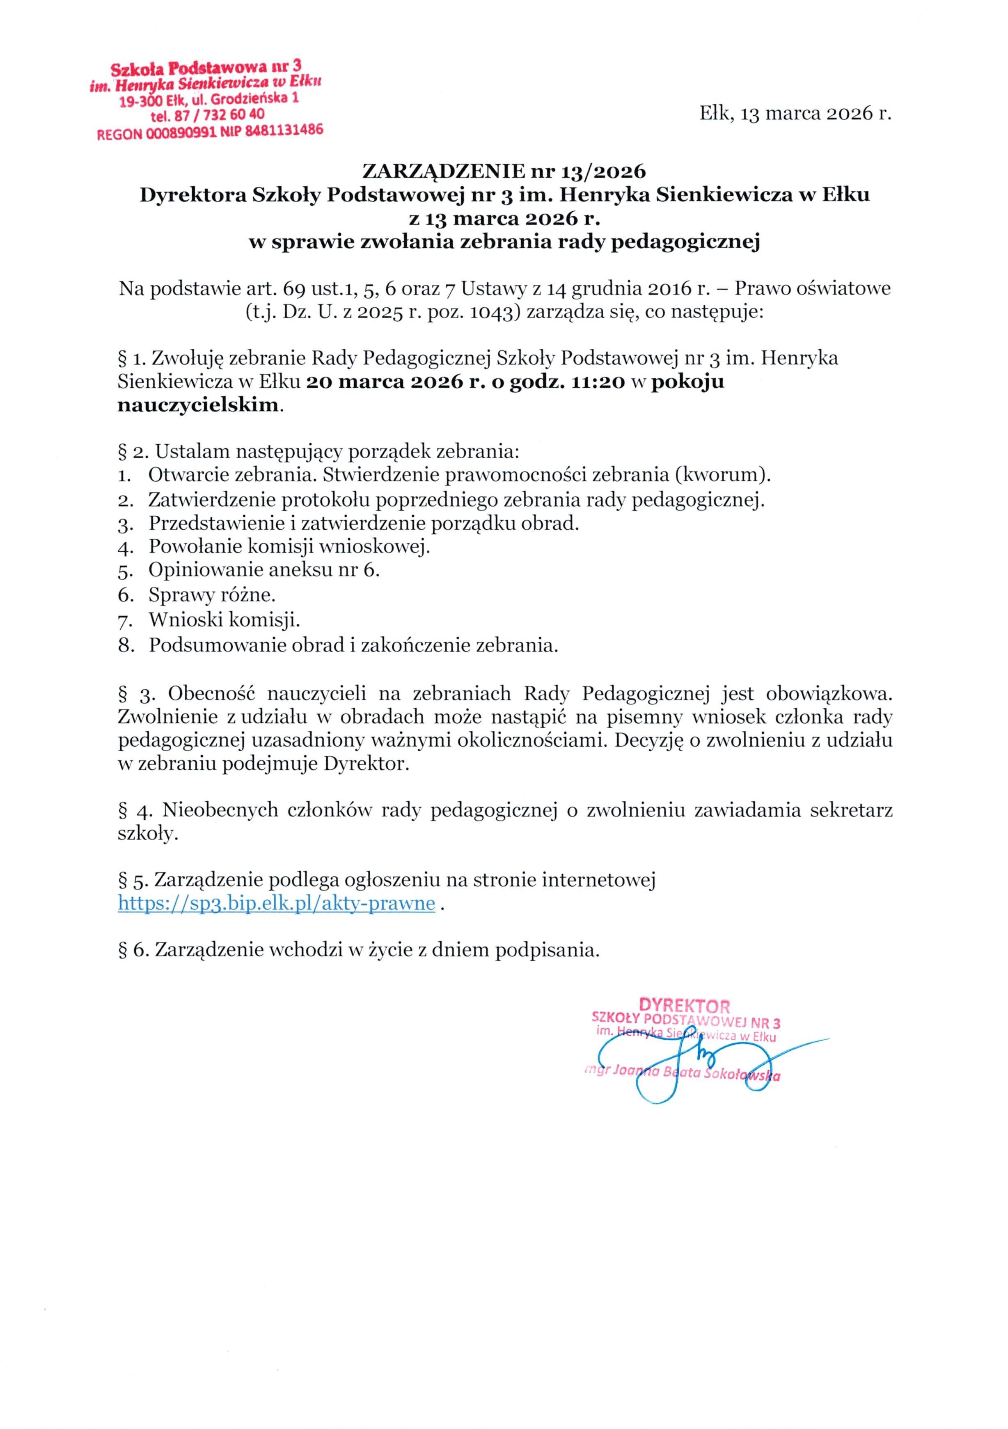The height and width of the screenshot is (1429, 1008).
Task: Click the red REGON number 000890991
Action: pyautogui.click(x=181, y=133)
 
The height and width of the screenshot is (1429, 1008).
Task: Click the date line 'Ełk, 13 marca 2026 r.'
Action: pyautogui.click(x=795, y=113)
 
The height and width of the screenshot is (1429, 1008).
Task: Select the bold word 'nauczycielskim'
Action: pyautogui.click(x=197, y=405)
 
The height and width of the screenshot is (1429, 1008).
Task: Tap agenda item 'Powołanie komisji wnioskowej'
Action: pyautogui.click(x=289, y=546)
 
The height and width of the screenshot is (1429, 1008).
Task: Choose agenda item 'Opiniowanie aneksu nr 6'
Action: pyautogui.click(x=263, y=570)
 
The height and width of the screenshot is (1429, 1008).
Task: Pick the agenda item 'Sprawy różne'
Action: pyautogui.click(x=212, y=595)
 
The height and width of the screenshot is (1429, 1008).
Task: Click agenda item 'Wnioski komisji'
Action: pyautogui.click(x=224, y=620)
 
